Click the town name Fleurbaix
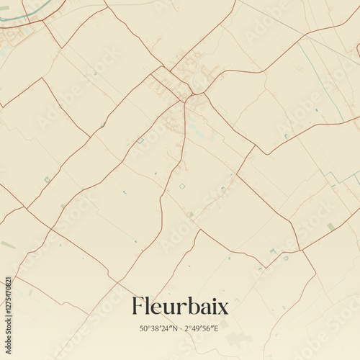pyautogui.click(x=180, y=307)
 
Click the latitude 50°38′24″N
pyautogui.click(x=158, y=328)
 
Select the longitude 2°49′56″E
pyautogui.click(x=202, y=328)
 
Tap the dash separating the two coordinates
pyautogui.click(x=180, y=328)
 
